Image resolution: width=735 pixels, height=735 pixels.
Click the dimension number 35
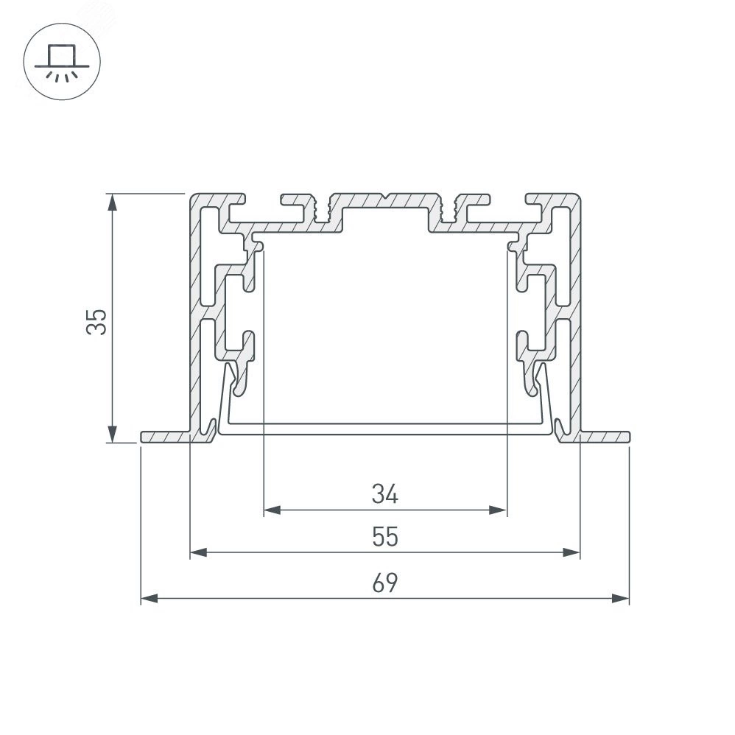coord(97,322)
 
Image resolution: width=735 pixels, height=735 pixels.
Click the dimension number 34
coord(385,494)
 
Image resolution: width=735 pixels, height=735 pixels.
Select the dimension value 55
coord(385,537)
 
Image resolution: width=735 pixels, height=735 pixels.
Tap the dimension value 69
coord(385,583)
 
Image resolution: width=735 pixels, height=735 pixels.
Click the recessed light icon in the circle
coord(62,62)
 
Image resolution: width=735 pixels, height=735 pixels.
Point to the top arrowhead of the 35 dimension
coord(112,203)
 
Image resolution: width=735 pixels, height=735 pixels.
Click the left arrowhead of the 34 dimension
coord(272,510)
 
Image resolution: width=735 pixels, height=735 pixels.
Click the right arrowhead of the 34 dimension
coord(498,510)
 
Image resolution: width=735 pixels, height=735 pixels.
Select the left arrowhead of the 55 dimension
coord(199,552)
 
